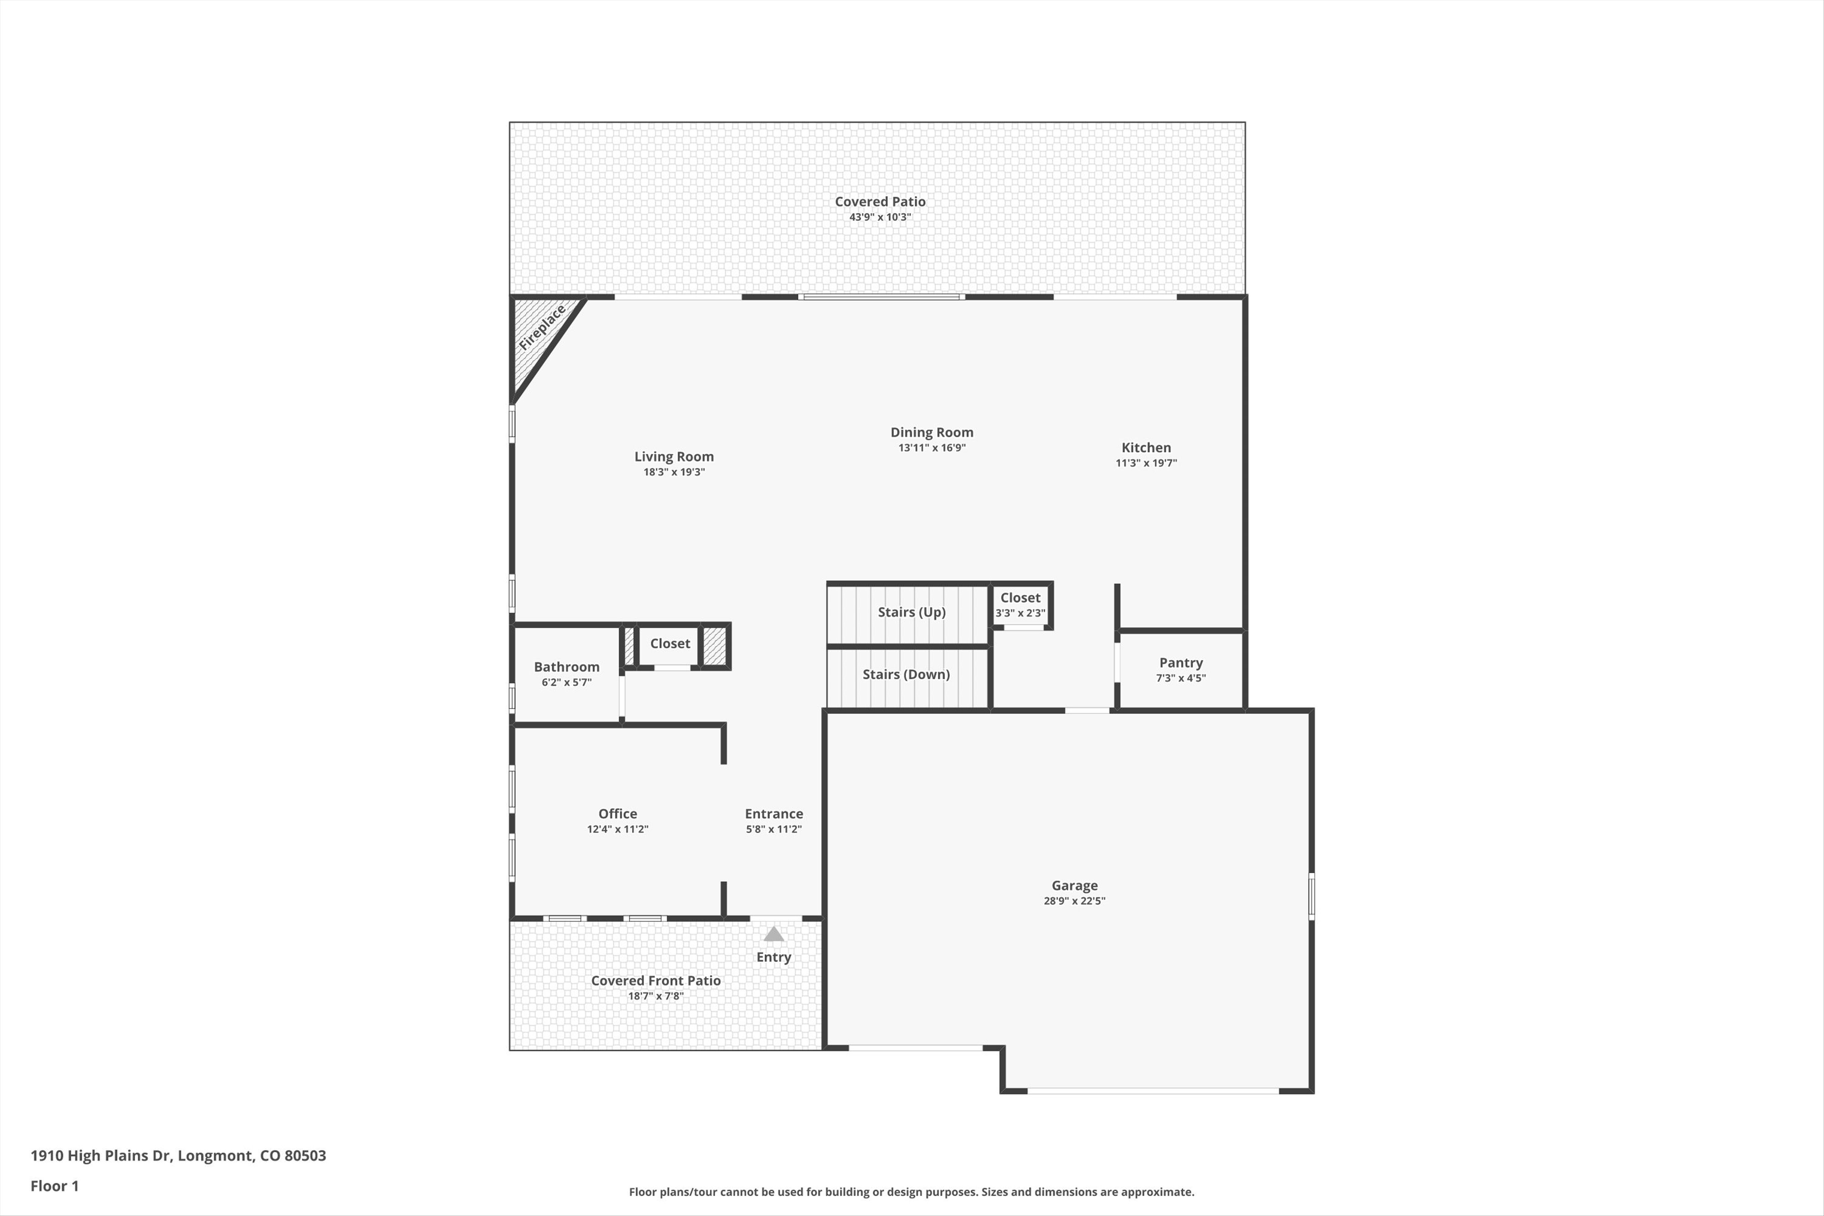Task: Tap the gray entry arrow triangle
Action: click(773, 935)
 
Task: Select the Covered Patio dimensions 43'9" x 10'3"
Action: click(880, 217)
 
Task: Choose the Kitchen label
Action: click(1145, 447)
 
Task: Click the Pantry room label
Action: click(1180, 662)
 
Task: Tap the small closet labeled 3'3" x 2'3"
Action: click(1020, 605)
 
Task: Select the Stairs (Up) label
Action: click(911, 612)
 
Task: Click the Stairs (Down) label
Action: click(906, 674)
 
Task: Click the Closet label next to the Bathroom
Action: click(669, 643)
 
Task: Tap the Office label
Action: click(617, 813)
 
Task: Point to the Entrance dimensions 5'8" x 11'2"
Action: click(773, 829)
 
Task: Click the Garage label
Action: click(1074, 885)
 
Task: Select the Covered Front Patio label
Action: click(655, 980)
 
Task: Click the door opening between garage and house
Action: click(1087, 709)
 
